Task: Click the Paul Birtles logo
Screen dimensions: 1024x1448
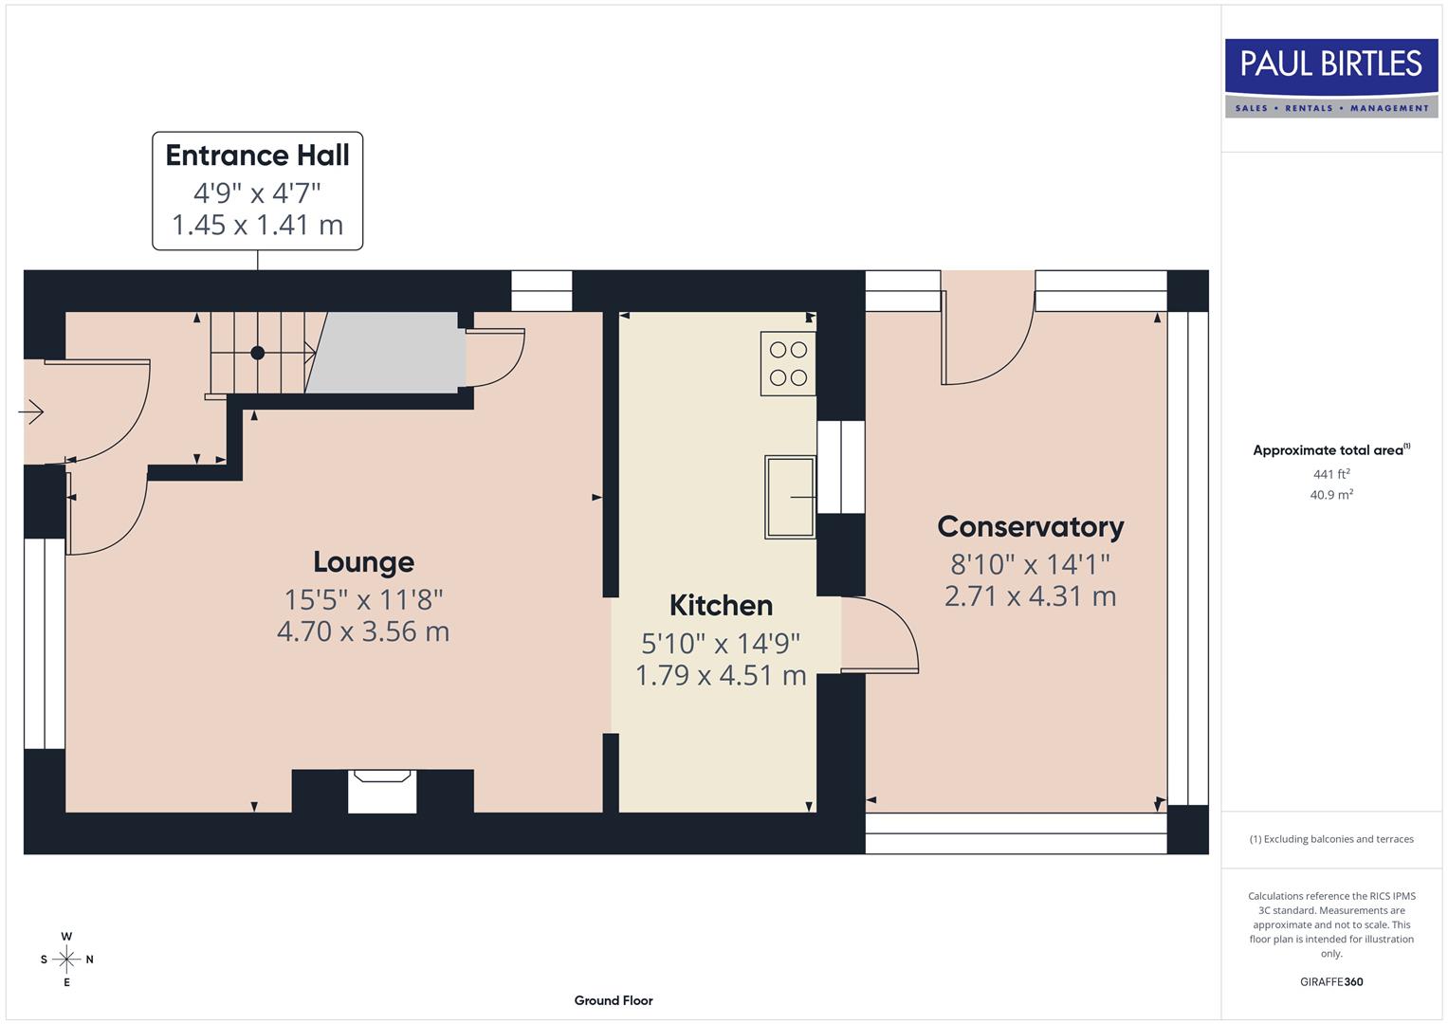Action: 1330,78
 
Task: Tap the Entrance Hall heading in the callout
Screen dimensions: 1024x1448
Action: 257,155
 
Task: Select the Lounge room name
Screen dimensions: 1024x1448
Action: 363,562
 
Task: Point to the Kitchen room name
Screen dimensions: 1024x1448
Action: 721,606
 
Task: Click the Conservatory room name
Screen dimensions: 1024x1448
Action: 1030,527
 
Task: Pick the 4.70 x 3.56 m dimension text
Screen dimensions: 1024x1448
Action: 363,631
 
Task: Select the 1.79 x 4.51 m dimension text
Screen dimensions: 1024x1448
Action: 721,675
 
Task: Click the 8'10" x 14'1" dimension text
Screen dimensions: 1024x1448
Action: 1030,564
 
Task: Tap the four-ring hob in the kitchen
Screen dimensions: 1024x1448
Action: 788,363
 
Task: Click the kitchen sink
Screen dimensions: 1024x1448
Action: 790,497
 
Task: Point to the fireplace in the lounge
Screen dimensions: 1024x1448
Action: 382,791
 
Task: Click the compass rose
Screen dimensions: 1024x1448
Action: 66,960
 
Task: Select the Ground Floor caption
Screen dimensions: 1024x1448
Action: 613,1000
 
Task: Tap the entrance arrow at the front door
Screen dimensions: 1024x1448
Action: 31,412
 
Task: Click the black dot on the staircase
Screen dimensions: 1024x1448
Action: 257,353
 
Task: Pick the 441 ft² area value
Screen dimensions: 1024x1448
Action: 1330,474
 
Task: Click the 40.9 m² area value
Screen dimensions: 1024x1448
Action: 1330,495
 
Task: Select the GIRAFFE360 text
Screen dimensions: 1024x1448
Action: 1330,981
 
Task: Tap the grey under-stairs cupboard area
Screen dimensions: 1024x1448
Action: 389,353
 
